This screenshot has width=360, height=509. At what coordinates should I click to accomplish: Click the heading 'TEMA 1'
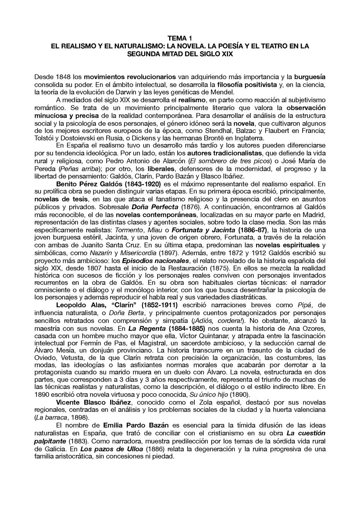[180, 39]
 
